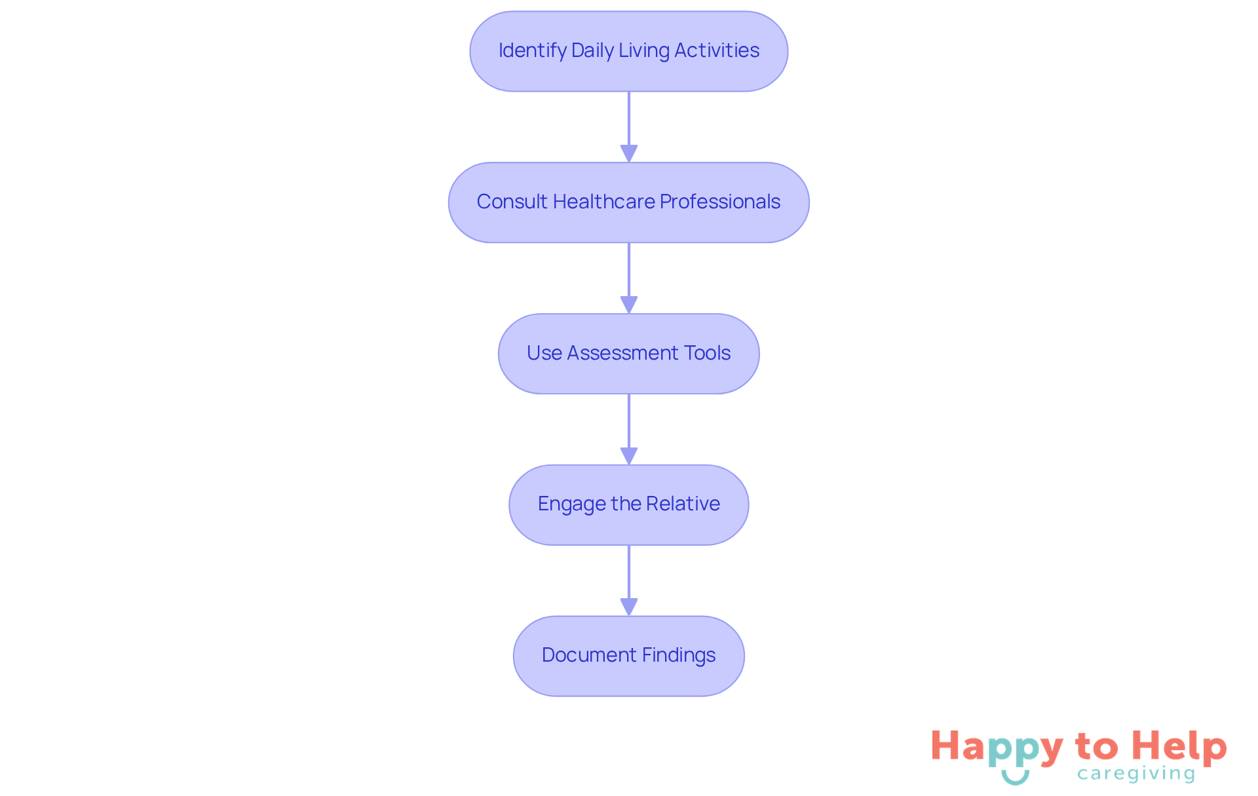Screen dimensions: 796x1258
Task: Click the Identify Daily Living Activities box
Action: [x=628, y=51]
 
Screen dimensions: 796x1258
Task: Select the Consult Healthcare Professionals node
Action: [x=628, y=202]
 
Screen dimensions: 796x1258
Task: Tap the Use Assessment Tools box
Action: [x=628, y=354]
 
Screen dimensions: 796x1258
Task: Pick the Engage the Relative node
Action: [x=628, y=504]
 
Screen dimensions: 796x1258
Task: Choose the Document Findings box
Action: [x=628, y=656]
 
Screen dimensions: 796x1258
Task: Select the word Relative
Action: [x=683, y=504]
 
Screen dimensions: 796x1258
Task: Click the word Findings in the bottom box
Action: [x=679, y=655]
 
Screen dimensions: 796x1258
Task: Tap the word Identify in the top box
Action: [x=532, y=50]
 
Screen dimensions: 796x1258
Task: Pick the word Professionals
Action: [x=720, y=202]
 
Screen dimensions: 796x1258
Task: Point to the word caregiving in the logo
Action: [x=1136, y=774]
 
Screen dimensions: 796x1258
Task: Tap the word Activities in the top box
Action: [x=717, y=50]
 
